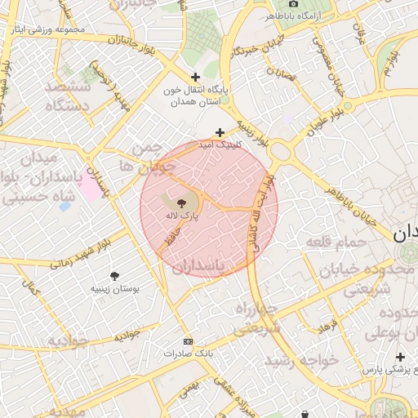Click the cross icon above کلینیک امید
pyautogui.click(x=219, y=131)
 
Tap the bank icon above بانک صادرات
pyautogui.click(x=189, y=341)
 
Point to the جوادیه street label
pyautogui.click(x=131, y=336)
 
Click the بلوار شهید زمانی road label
pyautogui.click(x=80, y=253)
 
